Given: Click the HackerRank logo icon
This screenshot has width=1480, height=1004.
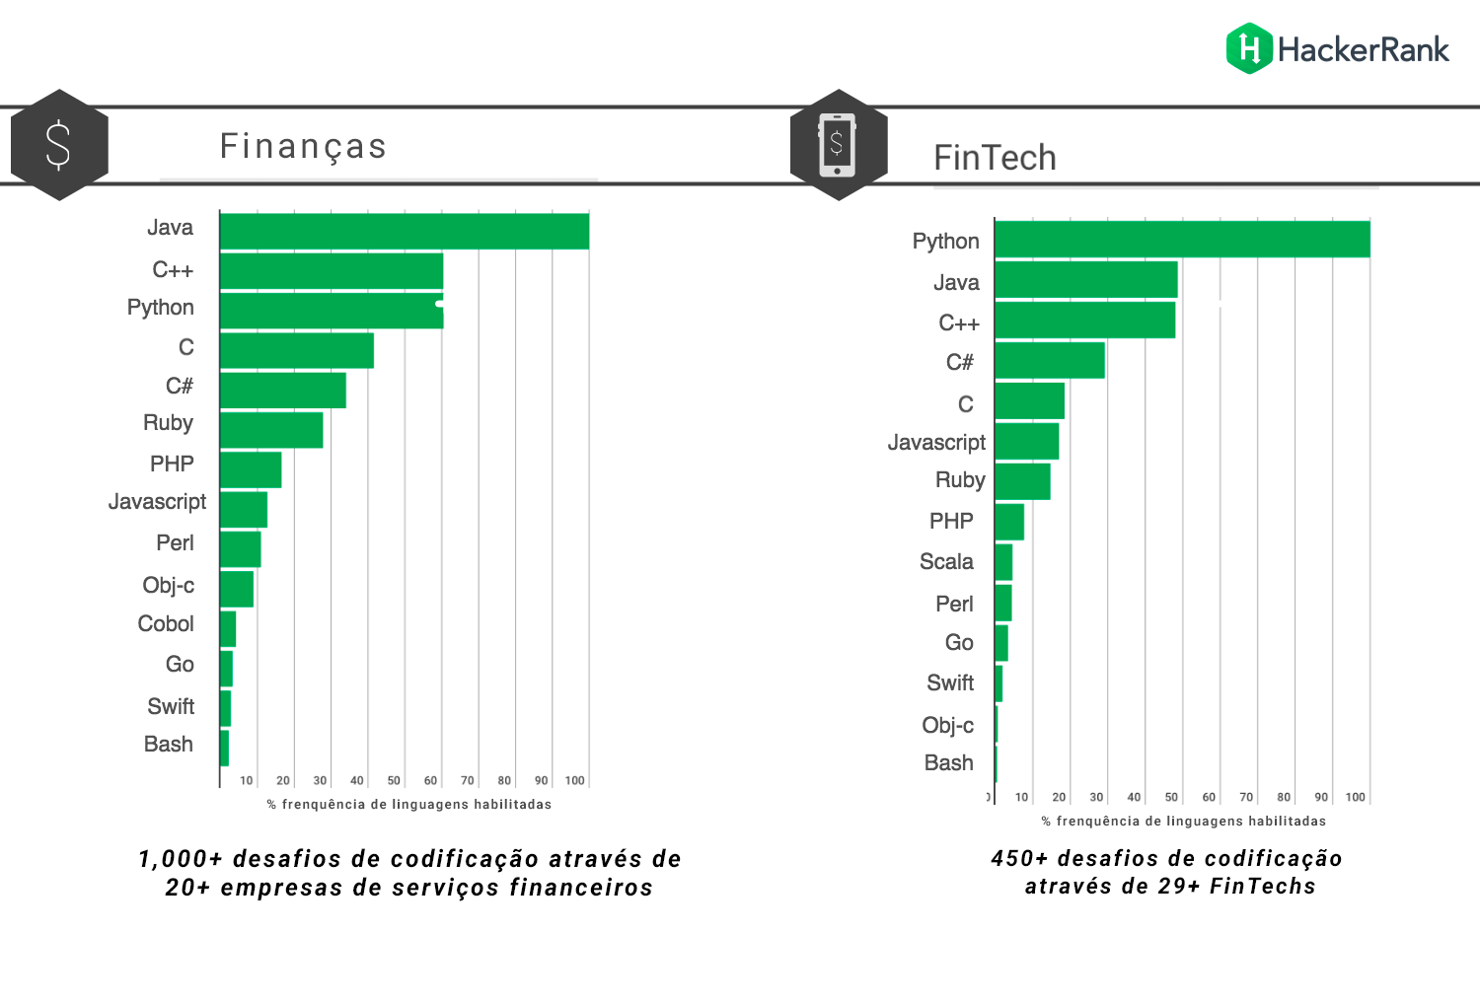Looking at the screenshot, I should pos(1249,48).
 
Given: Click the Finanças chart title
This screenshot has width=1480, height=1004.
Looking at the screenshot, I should pos(303,146).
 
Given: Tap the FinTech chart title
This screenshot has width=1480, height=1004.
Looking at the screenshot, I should pos(995,158).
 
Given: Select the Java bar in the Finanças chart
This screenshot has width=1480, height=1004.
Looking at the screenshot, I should pos(405,232).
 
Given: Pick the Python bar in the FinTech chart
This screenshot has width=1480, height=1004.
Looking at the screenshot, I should pos(1182,240).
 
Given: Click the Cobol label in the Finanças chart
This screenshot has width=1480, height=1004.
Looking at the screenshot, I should pos(166,624).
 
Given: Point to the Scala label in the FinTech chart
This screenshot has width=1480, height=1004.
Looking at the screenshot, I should pos(946,562).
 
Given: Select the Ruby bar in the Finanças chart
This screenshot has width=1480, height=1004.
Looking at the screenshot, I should pos(271,430).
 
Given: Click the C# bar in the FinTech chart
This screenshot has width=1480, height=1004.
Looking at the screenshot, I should pos(1050,361).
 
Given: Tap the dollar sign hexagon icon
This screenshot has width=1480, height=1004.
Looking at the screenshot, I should pos(59,145).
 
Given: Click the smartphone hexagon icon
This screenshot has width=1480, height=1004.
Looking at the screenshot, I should pos(838,145).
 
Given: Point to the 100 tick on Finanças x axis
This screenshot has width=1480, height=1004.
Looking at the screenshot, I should pos(574,780).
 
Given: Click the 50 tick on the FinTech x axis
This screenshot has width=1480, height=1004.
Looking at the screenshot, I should pos(1171,797).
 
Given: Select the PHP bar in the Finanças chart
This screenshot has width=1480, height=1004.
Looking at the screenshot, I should pos(251,469).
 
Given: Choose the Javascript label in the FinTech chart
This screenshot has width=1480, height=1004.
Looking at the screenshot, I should pos(936,443).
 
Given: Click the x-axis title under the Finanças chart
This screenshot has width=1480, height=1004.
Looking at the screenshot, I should pos(408,805).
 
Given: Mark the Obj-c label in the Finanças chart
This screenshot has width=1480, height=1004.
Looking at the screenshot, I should pos(168,586).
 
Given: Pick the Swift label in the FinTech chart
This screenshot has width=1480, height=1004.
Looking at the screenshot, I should pos(950,683).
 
